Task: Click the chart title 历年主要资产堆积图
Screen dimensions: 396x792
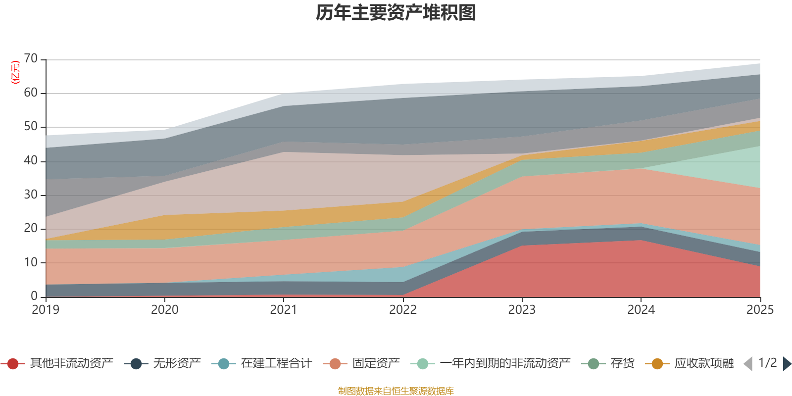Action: point(396,13)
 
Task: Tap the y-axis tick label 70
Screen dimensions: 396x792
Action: point(31,58)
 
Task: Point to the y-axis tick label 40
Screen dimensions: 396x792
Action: point(31,160)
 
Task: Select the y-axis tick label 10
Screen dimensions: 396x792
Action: point(31,262)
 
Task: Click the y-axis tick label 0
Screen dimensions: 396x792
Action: point(34,296)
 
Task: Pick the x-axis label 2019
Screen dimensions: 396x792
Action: point(46,310)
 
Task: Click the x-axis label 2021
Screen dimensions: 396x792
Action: point(284,310)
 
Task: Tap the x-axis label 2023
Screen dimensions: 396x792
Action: point(522,310)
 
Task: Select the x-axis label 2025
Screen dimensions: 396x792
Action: point(760,310)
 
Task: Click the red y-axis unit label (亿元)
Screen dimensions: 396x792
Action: point(15,72)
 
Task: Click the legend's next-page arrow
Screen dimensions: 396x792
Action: point(787,364)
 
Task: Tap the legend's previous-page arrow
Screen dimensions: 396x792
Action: point(748,364)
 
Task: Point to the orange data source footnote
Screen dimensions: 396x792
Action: point(396,391)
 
